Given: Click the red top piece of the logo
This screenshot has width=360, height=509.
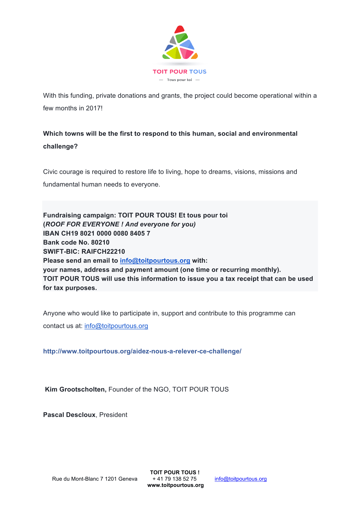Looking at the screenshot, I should pos(180,29).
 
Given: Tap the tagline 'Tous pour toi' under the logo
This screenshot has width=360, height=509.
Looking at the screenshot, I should pos(179,80).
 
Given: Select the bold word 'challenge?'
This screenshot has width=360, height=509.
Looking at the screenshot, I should pos(60,146).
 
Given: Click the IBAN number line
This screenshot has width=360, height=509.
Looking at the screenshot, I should pos(97,233).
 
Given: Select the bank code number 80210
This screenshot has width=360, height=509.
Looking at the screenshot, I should pos(100,242).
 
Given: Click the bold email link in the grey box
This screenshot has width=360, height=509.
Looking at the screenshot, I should pos(155,261).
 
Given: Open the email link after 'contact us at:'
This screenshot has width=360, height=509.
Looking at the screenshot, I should pos(116,326).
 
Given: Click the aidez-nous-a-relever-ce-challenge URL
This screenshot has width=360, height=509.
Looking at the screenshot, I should pos(142,351).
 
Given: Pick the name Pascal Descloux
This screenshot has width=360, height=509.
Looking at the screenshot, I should pos(69,415).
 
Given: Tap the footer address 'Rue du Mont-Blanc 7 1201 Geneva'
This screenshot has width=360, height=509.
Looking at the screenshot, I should pos(95,479).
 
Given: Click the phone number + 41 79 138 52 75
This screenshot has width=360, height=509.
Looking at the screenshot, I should pos(175,479).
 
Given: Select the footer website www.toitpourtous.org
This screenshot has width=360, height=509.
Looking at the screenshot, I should pos(176,485).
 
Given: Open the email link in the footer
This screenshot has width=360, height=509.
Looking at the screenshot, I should pos(240,479).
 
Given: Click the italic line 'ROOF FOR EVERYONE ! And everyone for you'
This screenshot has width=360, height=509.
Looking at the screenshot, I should pos(120,224).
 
